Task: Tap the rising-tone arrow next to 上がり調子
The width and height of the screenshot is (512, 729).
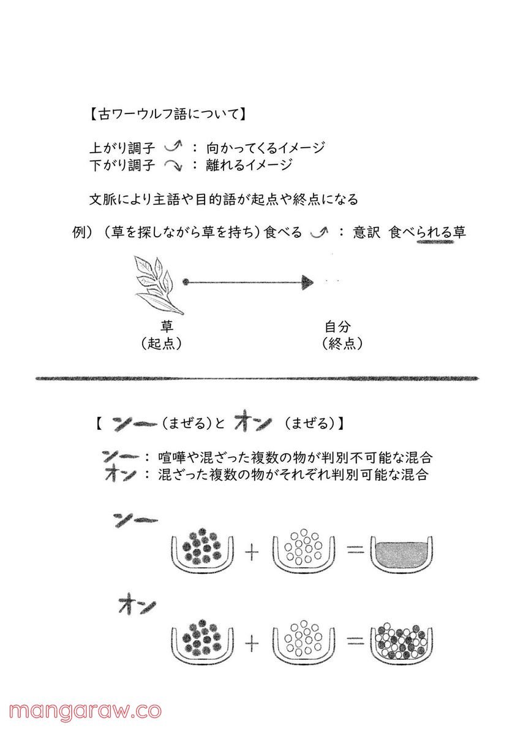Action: [x=174, y=148]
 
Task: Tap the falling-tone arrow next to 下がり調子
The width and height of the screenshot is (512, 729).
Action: [x=174, y=165]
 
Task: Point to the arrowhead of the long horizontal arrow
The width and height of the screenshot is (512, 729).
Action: [x=307, y=282]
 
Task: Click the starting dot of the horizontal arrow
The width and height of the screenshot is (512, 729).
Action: [x=186, y=282]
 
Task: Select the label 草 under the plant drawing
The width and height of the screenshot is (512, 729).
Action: [x=166, y=326]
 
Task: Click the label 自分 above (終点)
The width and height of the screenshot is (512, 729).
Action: [x=337, y=326]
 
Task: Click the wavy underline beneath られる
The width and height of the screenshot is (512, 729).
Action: [x=435, y=242]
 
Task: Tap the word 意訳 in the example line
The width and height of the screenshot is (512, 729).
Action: [x=367, y=232]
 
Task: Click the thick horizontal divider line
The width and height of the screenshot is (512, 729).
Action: [x=257, y=378]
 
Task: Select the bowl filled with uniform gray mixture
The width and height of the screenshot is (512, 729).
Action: [x=401, y=552]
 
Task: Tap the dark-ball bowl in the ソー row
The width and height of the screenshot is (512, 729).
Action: [x=203, y=551]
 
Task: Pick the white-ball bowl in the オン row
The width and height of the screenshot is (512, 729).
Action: [x=304, y=641]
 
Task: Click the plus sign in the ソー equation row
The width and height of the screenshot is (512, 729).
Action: [x=251, y=553]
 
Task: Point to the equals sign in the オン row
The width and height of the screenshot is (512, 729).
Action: [x=356, y=642]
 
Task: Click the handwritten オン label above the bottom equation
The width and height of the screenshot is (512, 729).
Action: [x=137, y=606]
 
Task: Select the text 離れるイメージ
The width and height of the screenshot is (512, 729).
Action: [x=249, y=165]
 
